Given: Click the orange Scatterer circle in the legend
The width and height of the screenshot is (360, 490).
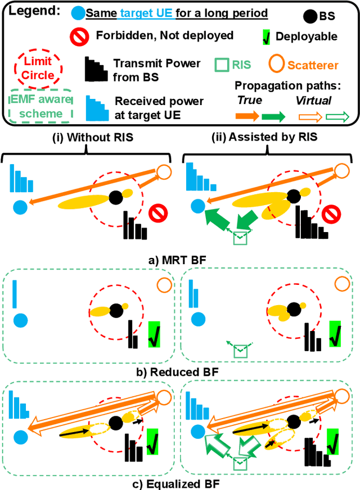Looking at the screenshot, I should click(x=278, y=64).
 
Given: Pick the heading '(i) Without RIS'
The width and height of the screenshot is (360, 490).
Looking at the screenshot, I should click(x=85, y=137).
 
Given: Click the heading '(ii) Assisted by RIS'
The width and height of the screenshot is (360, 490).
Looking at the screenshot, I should click(x=264, y=137).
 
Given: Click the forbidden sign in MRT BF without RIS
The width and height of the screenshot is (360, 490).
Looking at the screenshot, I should click(x=157, y=215).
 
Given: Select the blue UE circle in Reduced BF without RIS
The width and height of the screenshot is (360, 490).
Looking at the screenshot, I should click(x=20, y=321).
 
